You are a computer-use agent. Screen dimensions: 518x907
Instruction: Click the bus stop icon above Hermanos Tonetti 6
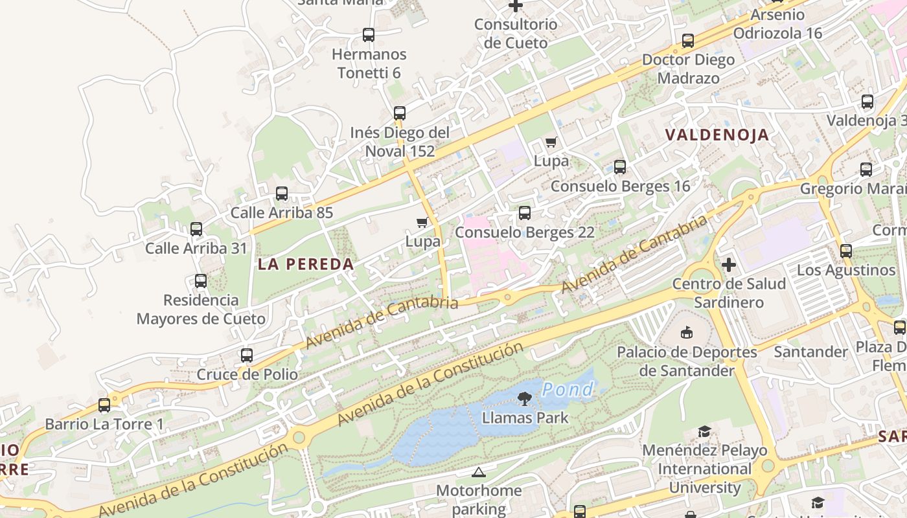(x=369, y=35)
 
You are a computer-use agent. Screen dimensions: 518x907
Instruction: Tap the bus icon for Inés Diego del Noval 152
(x=400, y=113)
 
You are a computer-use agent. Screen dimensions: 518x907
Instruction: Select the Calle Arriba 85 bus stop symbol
(x=282, y=194)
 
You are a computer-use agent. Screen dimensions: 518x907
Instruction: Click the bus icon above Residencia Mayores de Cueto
(x=201, y=281)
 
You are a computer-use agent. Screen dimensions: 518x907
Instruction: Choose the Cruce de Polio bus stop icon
(x=247, y=355)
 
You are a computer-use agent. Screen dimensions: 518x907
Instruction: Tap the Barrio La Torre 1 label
(x=104, y=425)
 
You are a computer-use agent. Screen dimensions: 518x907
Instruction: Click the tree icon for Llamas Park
(x=525, y=399)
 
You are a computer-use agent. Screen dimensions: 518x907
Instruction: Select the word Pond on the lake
(x=568, y=389)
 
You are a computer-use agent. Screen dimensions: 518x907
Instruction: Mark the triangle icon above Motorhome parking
(x=479, y=472)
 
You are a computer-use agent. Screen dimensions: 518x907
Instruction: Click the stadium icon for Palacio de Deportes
(x=687, y=333)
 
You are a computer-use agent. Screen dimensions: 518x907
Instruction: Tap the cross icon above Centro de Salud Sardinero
(x=729, y=265)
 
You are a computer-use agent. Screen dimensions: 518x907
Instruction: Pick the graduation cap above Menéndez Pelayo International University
(x=704, y=431)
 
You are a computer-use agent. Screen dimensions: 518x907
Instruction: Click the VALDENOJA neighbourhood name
(x=717, y=135)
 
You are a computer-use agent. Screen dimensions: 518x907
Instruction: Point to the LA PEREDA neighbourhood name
(x=306, y=264)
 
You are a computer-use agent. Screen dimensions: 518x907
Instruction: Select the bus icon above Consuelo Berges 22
(x=525, y=213)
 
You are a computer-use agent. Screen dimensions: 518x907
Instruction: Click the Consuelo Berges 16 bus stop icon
(x=620, y=167)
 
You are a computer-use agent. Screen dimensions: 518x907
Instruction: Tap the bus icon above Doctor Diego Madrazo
(x=688, y=41)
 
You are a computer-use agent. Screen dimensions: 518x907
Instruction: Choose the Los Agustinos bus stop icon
(x=846, y=251)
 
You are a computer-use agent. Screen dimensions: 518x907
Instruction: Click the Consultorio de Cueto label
(x=516, y=34)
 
